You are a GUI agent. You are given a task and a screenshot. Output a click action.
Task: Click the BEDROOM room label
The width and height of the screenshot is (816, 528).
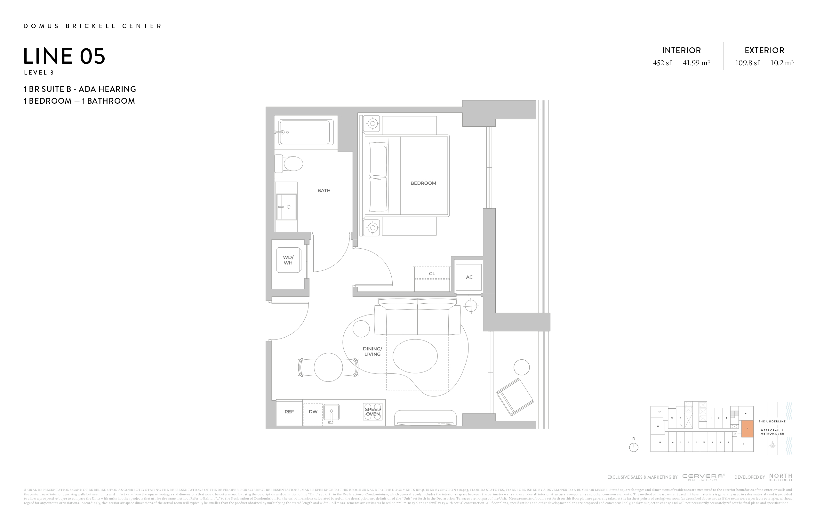[x=423, y=183]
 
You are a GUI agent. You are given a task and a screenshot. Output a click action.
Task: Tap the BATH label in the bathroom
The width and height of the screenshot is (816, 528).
[x=324, y=191]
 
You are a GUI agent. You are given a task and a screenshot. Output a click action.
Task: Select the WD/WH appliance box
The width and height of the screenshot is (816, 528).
[x=288, y=260]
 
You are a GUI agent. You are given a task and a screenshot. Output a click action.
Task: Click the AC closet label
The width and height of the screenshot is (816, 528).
[x=469, y=277]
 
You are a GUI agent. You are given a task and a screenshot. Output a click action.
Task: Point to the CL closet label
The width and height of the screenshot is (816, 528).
[x=432, y=274]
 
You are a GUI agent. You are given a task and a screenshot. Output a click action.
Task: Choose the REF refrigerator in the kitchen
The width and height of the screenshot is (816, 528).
[x=289, y=412]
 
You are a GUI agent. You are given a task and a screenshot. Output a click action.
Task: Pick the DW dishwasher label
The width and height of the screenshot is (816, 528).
[x=313, y=412]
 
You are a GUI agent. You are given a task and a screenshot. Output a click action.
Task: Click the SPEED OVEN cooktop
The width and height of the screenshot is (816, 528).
[x=373, y=412]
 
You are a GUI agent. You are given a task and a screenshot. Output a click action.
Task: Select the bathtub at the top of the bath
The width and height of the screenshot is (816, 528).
[x=306, y=132]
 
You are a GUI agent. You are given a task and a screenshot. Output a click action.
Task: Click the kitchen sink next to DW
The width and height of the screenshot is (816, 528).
[x=331, y=412]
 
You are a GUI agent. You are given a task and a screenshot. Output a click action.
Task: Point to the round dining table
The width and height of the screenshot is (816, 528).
[x=328, y=367]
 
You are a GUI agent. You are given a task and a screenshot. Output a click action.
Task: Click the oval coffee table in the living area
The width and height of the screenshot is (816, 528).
[x=415, y=356]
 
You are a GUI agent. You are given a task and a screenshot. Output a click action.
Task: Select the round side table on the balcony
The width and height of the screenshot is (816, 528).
[x=522, y=368]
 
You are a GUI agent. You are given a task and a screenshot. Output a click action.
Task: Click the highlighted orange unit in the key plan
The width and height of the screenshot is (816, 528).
[x=748, y=428]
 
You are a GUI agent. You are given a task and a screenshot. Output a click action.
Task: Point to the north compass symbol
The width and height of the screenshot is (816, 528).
[x=634, y=447]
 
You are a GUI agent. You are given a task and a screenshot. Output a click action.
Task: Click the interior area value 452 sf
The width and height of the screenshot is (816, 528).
[x=662, y=63]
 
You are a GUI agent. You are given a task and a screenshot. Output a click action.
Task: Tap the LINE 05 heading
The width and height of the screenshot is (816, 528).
[x=64, y=56]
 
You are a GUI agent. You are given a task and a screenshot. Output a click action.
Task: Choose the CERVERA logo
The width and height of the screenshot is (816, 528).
[x=703, y=476]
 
